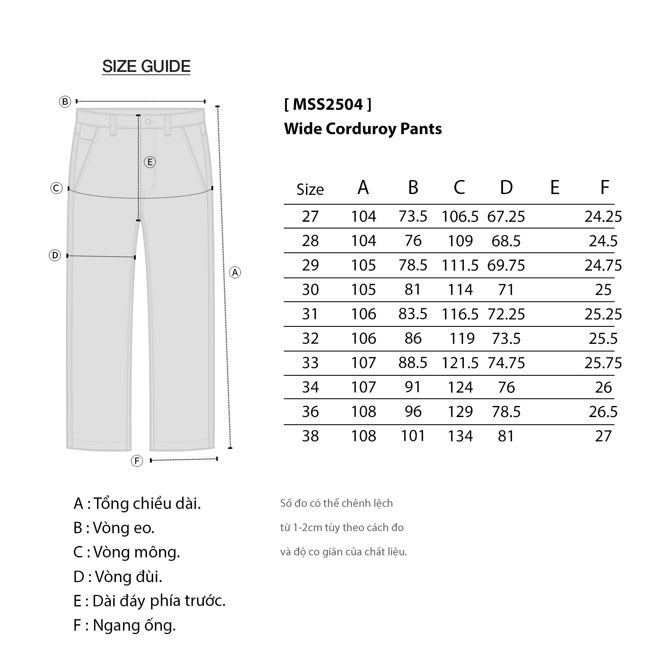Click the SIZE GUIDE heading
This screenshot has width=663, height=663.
tap(146, 66)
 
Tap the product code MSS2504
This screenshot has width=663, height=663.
tap(328, 104)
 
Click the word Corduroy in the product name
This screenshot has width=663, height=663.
tap(355, 129)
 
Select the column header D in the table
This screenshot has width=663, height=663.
tap(506, 187)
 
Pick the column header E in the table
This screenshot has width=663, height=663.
tap(554, 187)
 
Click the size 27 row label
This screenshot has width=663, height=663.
tap(310, 217)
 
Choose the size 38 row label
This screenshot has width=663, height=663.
tap(310, 436)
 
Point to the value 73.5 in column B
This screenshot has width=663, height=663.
tap(413, 217)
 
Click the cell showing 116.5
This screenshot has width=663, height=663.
tap(460, 314)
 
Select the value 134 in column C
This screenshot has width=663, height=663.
tap(460, 436)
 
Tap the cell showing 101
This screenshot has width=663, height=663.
tap(413, 436)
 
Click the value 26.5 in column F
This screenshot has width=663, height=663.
tap(603, 412)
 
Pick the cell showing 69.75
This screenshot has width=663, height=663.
tap(506, 266)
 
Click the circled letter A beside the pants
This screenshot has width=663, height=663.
tap(235, 272)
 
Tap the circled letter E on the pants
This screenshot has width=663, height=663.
tap(150, 162)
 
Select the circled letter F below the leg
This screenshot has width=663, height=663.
tap(137, 461)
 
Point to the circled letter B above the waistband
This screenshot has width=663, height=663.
tap(65, 102)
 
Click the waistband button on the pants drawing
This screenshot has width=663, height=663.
tap(148, 122)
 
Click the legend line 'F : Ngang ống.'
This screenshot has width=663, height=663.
tap(124, 625)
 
